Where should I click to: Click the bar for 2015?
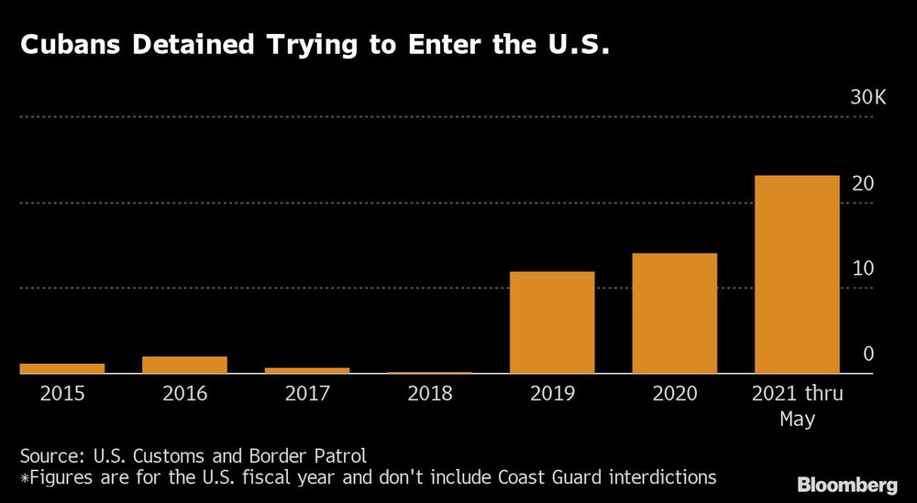61,368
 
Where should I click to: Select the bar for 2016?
184,365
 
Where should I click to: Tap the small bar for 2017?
307,370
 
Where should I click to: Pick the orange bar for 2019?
552,323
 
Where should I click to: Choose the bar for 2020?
674,313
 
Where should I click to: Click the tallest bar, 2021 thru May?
797,274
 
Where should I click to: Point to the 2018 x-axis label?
429,394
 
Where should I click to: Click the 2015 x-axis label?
61,394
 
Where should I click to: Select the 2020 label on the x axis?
674,394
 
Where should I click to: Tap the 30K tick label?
867,98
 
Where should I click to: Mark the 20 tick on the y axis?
862,183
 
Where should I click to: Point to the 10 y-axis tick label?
862,268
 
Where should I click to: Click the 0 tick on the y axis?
867,354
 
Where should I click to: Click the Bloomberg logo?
848,484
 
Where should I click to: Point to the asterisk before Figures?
24,477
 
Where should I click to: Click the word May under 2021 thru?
797,419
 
